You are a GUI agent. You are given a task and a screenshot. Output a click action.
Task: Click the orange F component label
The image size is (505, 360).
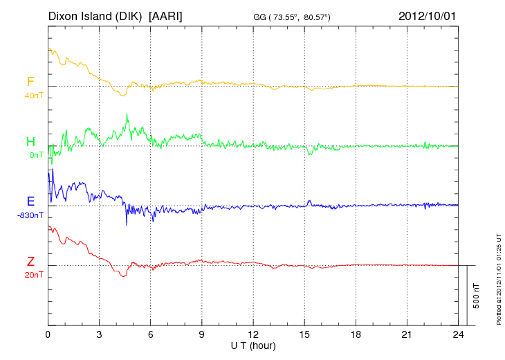click(x=30, y=82)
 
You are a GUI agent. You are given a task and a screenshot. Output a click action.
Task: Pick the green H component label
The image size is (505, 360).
click(x=30, y=142)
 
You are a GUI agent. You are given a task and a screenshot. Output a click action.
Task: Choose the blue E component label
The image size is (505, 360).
click(x=30, y=201)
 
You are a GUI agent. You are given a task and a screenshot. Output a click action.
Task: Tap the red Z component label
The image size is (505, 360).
click(x=30, y=262)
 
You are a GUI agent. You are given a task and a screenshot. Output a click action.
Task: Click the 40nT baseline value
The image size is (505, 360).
click(x=33, y=96)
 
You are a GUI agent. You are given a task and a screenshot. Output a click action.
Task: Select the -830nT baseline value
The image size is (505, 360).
click(x=30, y=215)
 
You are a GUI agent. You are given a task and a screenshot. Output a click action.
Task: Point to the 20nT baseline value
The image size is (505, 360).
click(x=33, y=275)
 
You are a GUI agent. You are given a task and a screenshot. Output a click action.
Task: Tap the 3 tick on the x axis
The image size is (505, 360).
click(x=100, y=335)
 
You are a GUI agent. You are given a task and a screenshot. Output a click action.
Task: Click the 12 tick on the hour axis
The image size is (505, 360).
click(x=253, y=335)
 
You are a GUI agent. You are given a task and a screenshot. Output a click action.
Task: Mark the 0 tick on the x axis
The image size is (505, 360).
click(x=48, y=335)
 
